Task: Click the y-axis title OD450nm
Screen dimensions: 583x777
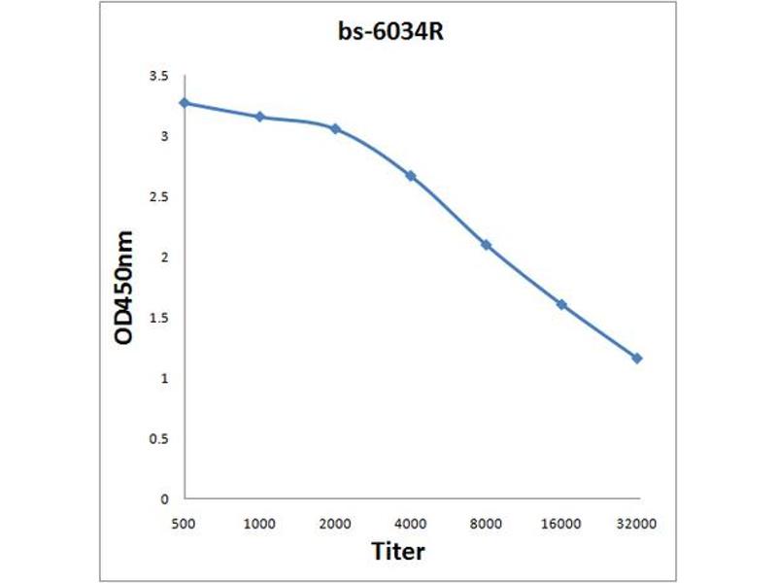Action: tap(124, 288)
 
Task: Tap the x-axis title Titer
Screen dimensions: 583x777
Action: tap(398, 551)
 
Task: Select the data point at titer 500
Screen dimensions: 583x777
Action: tap(185, 102)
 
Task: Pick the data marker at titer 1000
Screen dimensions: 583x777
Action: tap(259, 117)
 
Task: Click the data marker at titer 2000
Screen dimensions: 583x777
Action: tap(335, 128)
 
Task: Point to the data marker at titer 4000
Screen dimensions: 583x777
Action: tap(411, 176)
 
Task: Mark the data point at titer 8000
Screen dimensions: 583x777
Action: tap(486, 245)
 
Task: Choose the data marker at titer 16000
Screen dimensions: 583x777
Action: tap(561, 304)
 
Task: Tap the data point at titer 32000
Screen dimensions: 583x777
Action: tap(637, 359)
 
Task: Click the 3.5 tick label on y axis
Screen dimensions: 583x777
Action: tap(158, 76)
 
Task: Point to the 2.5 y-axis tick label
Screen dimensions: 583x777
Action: tap(158, 197)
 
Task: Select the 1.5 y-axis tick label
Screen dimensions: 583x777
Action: tap(158, 318)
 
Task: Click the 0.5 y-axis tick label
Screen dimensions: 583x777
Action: tap(158, 439)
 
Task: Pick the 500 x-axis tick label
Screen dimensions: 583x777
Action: tap(185, 523)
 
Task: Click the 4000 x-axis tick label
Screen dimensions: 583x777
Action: tap(411, 523)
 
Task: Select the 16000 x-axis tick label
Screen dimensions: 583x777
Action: tap(561, 523)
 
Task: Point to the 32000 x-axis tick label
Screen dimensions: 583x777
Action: tap(637, 523)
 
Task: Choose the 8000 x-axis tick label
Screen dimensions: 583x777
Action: tap(486, 523)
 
